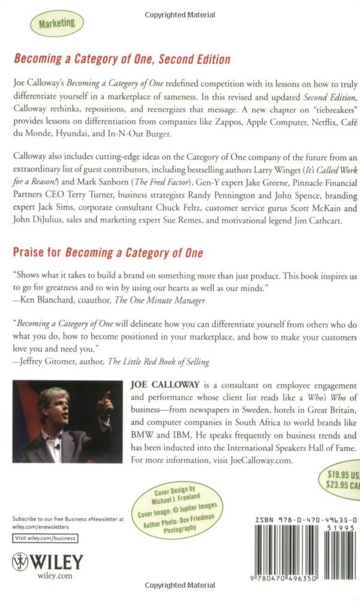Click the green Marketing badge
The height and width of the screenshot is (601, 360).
[57, 23]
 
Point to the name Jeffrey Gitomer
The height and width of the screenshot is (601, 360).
[55, 362]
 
